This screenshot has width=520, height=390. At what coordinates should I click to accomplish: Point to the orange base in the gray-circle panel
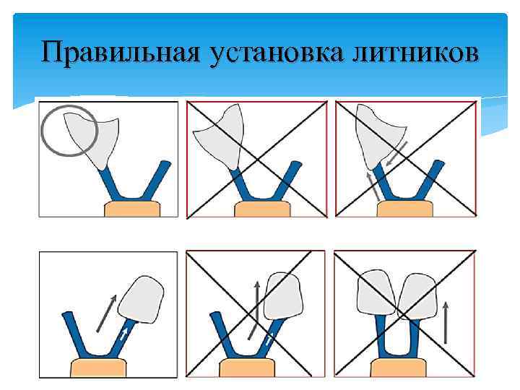pos(132,209)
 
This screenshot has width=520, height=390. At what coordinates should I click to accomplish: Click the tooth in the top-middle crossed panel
pos(221,134)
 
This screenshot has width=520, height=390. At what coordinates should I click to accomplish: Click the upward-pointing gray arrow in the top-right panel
pos(373,186)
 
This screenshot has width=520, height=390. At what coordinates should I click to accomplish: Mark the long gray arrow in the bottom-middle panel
pos(254,311)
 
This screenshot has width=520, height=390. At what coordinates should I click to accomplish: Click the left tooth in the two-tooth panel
pos(376,296)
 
